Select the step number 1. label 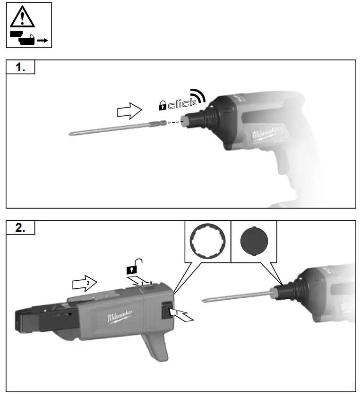point(21,67)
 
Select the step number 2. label point(21,228)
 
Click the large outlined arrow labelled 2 point(84,283)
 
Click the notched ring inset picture point(207,242)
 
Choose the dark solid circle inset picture point(254,242)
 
